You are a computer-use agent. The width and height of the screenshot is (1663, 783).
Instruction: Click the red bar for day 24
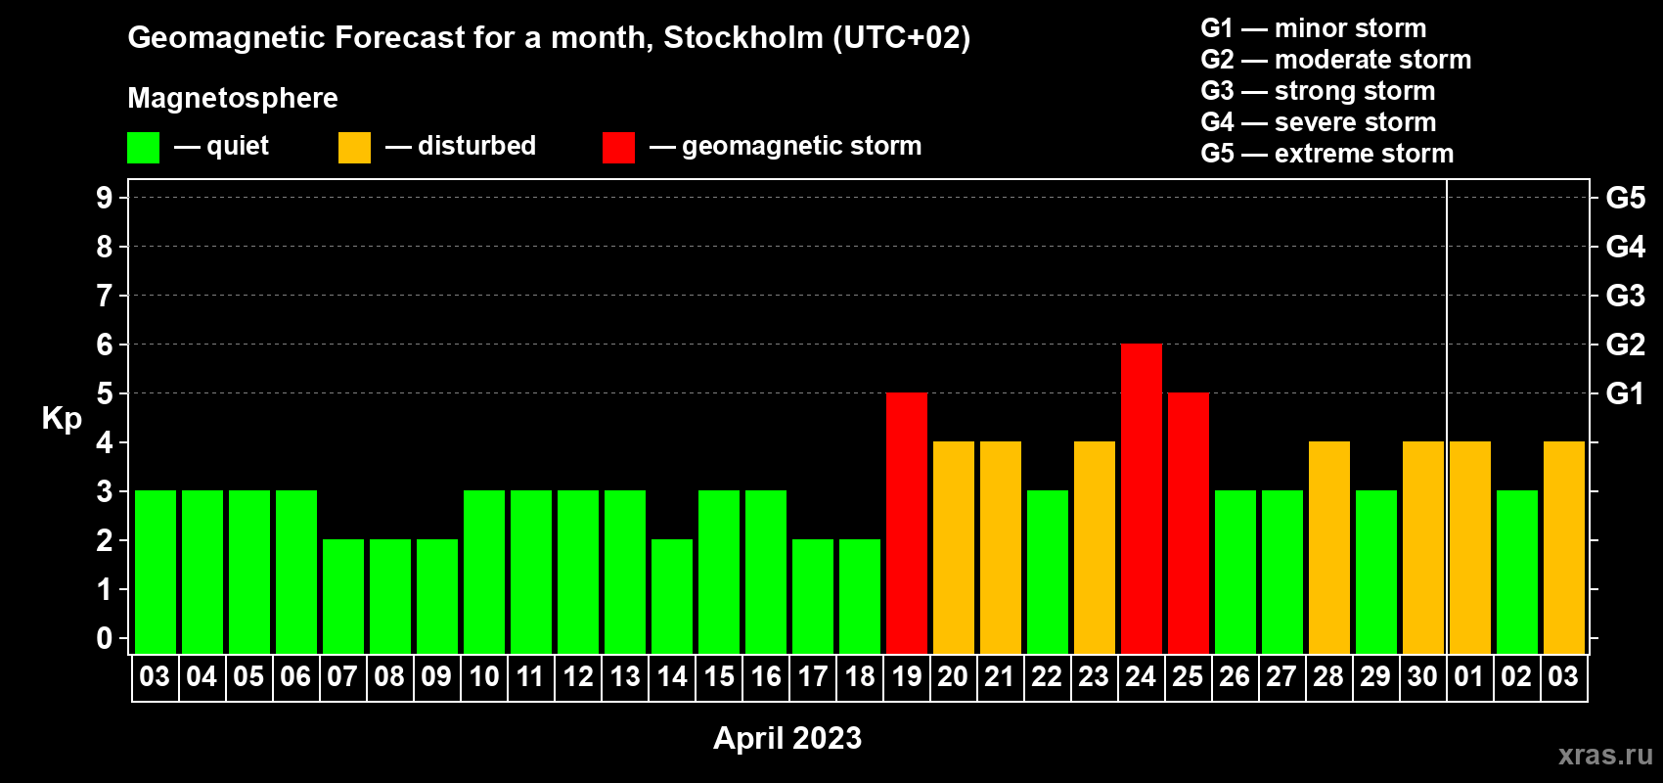click(x=1141, y=498)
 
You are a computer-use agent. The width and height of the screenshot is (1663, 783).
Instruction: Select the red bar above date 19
click(x=907, y=523)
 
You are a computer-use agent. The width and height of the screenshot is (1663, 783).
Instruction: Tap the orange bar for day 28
click(x=1328, y=547)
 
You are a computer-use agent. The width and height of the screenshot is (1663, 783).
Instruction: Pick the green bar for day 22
click(x=1048, y=572)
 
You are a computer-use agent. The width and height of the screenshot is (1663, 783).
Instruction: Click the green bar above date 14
click(x=672, y=596)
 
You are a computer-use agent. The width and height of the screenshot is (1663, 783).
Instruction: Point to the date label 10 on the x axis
click(x=484, y=676)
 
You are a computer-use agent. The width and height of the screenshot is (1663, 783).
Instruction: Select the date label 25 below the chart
click(x=1188, y=676)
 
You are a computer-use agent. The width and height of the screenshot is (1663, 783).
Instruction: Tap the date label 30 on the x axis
click(x=1422, y=676)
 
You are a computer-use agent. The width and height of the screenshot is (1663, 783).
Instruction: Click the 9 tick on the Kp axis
click(x=104, y=198)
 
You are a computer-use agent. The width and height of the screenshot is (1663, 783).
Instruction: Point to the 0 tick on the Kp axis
click(x=104, y=638)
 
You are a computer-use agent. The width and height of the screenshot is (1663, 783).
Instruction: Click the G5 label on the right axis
click(x=1625, y=198)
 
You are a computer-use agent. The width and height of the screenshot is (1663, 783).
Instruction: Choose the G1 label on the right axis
click(x=1625, y=393)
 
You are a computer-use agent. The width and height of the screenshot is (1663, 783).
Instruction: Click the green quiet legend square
click(x=143, y=147)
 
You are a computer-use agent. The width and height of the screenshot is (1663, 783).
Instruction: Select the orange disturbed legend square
click(x=354, y=147)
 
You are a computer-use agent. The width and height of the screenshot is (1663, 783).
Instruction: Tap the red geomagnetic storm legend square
click(x=618, y=147)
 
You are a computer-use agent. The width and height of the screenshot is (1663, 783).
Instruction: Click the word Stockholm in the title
click(x=743, y=38)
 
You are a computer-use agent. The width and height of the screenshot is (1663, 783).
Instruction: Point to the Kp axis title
click(x=62, y=419)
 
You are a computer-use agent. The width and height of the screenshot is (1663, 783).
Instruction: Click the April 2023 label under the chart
click(x=787, y=738)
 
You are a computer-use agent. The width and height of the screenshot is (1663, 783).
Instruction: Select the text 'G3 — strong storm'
click(x=1318, y=91)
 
